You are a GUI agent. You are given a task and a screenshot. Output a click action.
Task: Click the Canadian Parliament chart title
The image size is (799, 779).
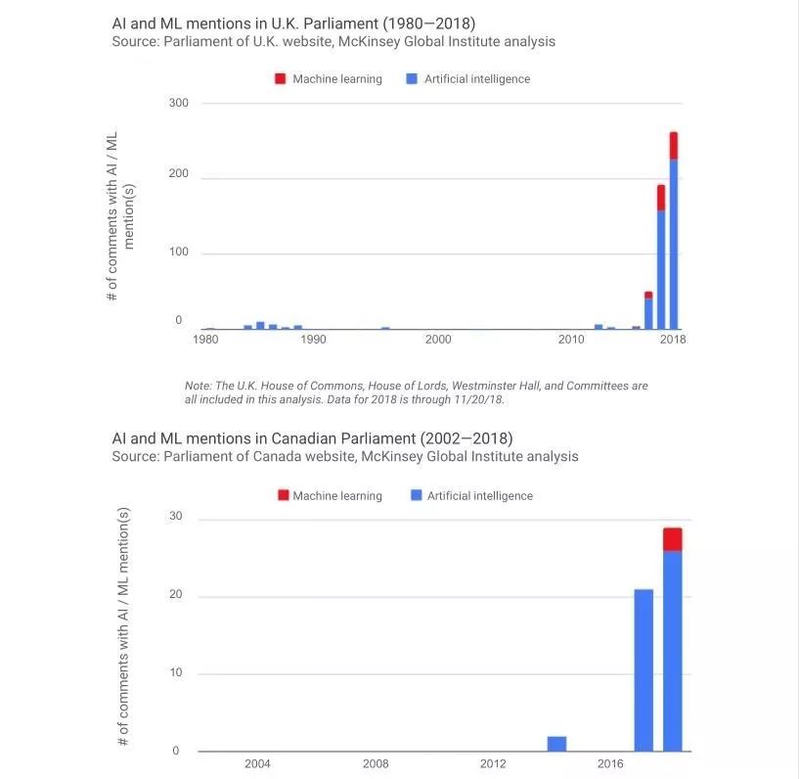click(312, 437)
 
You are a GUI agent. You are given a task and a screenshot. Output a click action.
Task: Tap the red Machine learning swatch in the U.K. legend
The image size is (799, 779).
click(280, 78)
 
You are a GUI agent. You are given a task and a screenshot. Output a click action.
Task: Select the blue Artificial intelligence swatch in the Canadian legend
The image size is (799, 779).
click(417, 495)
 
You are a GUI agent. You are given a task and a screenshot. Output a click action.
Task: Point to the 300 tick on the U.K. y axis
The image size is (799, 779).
click(180, 103)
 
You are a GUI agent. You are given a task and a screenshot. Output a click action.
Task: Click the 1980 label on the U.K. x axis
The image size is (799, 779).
click(205, 340)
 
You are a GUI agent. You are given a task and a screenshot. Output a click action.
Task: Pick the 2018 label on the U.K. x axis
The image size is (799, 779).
click(673, 340)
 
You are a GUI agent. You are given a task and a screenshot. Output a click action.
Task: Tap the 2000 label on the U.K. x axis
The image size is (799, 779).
click(438, 340)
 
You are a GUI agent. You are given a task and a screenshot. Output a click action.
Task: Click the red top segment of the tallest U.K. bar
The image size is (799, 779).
click(673, 146)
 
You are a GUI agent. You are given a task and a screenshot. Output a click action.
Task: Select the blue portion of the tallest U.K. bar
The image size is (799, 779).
click(673, 245)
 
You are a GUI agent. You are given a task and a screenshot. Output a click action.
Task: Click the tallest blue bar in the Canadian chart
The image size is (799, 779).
click(673, 651)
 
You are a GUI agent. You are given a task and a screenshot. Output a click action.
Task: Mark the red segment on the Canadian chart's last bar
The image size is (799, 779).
click(673, 539)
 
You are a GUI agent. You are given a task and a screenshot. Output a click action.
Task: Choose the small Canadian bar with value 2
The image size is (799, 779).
click(556, 744)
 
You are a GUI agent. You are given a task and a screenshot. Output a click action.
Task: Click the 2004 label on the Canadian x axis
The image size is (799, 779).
click(257, 763)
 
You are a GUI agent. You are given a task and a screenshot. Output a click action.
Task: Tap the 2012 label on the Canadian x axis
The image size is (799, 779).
click(493, 763)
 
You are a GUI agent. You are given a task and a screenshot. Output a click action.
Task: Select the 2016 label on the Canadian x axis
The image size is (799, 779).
click(610, 763)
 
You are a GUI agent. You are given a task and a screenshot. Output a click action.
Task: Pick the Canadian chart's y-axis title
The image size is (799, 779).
click(123, 626)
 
